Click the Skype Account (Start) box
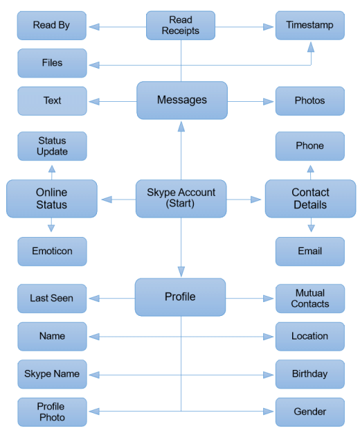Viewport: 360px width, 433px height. click(181, 199)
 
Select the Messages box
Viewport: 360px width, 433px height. click(182, 100)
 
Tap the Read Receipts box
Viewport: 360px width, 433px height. click(181, 26)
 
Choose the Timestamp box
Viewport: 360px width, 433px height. click(310, 26)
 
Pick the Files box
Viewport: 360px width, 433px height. click(52, 63)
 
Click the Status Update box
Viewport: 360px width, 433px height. click(52, 146)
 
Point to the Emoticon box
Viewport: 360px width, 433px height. click(52, 251)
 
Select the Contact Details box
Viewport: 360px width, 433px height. click(311, 199)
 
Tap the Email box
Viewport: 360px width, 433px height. click(310, 251)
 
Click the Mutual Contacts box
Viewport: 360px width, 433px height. click(310, 299)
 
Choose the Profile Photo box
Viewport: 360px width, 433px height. click(52, 412)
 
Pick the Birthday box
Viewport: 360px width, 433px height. click(310, 374)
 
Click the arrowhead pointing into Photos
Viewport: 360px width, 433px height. click(268, 102)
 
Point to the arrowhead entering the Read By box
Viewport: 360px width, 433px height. click(94, 27)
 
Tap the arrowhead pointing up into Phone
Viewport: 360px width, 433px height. click(311, 169)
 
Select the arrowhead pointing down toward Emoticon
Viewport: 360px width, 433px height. click(51, 228)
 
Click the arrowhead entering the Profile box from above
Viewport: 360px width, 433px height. click(181, 272)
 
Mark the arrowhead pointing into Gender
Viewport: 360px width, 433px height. click(268, 412)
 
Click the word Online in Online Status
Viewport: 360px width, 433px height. click(52, 192)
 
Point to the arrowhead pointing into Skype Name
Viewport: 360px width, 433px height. click(94, 375)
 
